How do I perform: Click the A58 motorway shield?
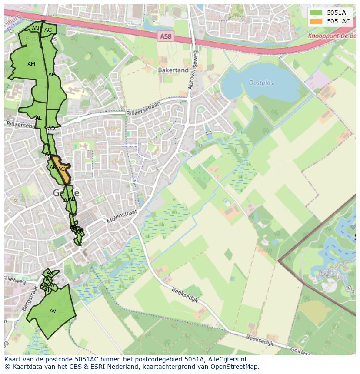(x=166, y=37)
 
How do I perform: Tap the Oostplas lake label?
(x=261, y=83)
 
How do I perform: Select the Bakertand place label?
(x=173, y=70)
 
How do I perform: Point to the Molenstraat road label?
(x=122, y=216)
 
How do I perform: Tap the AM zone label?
(x=31, y=64)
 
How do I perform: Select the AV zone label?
(x=53, y=311)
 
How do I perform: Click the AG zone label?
(x=48, y=30)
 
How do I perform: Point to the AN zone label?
(x=36, y=29)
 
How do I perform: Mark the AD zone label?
(x=51, y=129)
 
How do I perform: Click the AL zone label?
(x=38, y=118)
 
